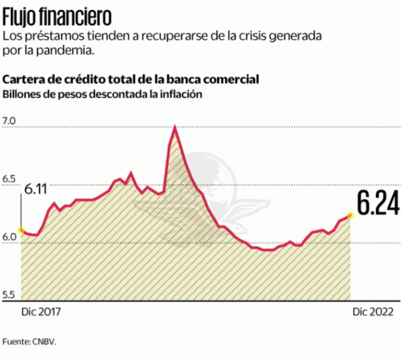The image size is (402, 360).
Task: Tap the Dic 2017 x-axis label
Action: pos(41,312)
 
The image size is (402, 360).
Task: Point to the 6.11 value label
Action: pos(35,190)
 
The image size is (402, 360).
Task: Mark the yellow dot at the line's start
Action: pos(21,231)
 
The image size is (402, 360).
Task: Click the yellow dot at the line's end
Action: pos(350,215)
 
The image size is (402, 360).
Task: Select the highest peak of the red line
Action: pos(175,127)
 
